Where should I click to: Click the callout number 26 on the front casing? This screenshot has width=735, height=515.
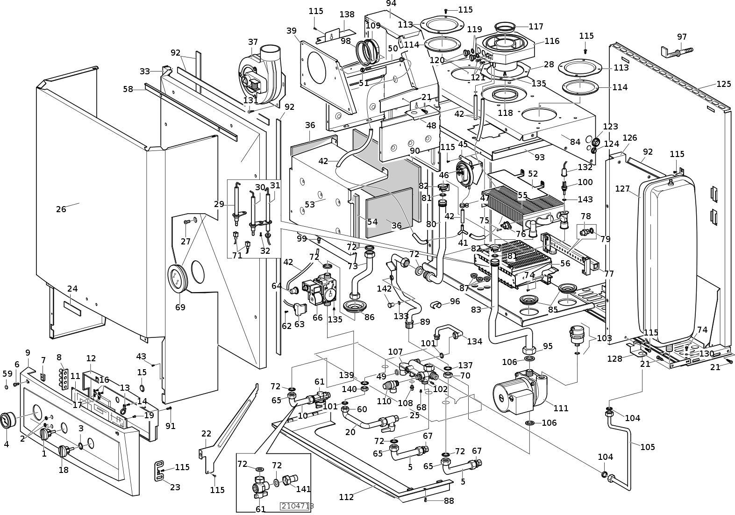61,209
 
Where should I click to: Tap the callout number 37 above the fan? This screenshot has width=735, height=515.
253,42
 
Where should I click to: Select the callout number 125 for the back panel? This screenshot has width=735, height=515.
723,84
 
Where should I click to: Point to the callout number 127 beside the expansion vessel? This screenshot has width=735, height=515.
622,189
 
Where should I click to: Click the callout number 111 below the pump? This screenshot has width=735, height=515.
561,408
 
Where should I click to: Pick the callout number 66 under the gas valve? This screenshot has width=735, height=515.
318,318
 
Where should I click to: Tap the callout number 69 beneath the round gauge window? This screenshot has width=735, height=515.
180,307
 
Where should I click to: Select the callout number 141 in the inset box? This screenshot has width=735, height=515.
303,489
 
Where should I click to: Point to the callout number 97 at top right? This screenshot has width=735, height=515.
682,37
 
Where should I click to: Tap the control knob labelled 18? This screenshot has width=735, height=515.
64,451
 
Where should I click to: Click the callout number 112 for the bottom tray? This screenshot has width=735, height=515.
346,497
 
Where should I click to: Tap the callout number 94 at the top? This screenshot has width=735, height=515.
391,3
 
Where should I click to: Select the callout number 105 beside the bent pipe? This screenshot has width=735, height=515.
647,447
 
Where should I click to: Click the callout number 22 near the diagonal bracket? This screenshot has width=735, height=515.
207,434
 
